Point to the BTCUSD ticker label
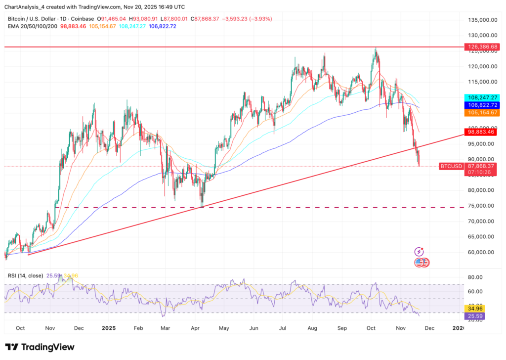click(450, 166)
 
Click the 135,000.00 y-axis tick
click(481, 20)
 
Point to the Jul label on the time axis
click(283, 327)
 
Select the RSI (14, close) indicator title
click(25, 275)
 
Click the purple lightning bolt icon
click(419, 252)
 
